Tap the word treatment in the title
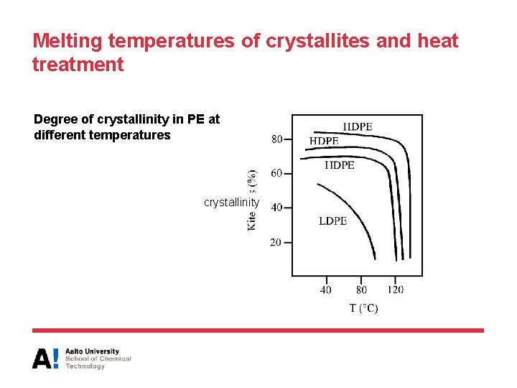click(78, 65)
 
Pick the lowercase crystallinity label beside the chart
click(232, 203)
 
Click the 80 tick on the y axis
click(276, 139)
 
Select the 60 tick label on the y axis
click(276, 173)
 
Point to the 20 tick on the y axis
click(276, 242)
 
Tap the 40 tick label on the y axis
click(276, 208)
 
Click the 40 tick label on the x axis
click(326, 290)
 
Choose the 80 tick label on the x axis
click(361, 290)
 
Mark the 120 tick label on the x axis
click(395, 290)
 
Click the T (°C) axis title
click(363, 308)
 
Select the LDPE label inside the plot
click(332, 221)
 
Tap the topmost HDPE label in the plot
click(358, 126)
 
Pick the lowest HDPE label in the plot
click(340, 165)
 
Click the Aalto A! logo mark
click(45, 358)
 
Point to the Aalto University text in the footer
click(92, 351)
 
